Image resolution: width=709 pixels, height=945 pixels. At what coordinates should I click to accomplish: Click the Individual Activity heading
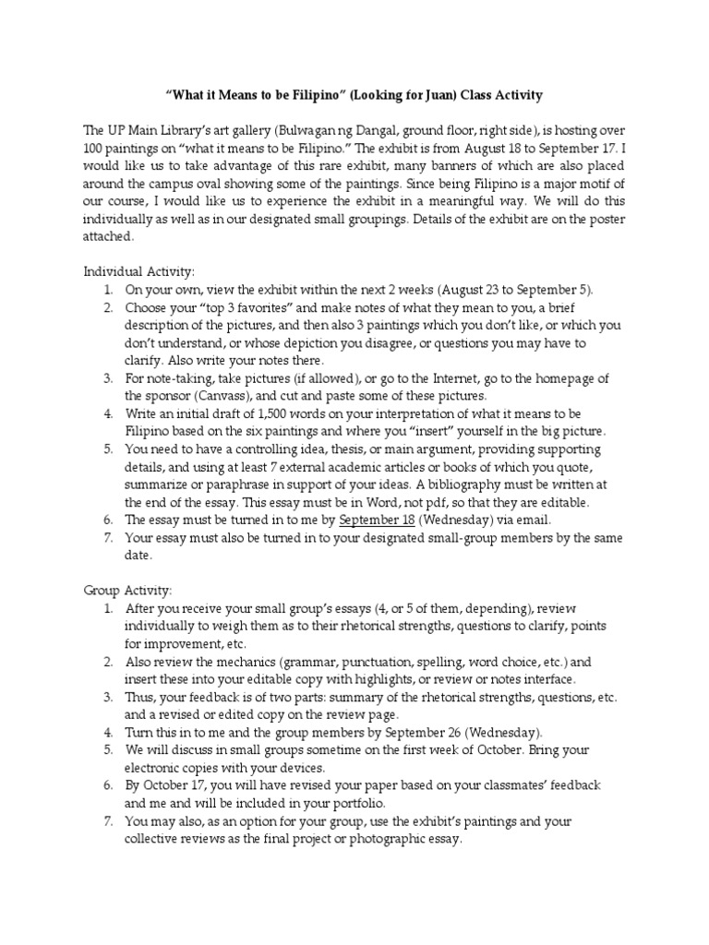coord(139,271)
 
